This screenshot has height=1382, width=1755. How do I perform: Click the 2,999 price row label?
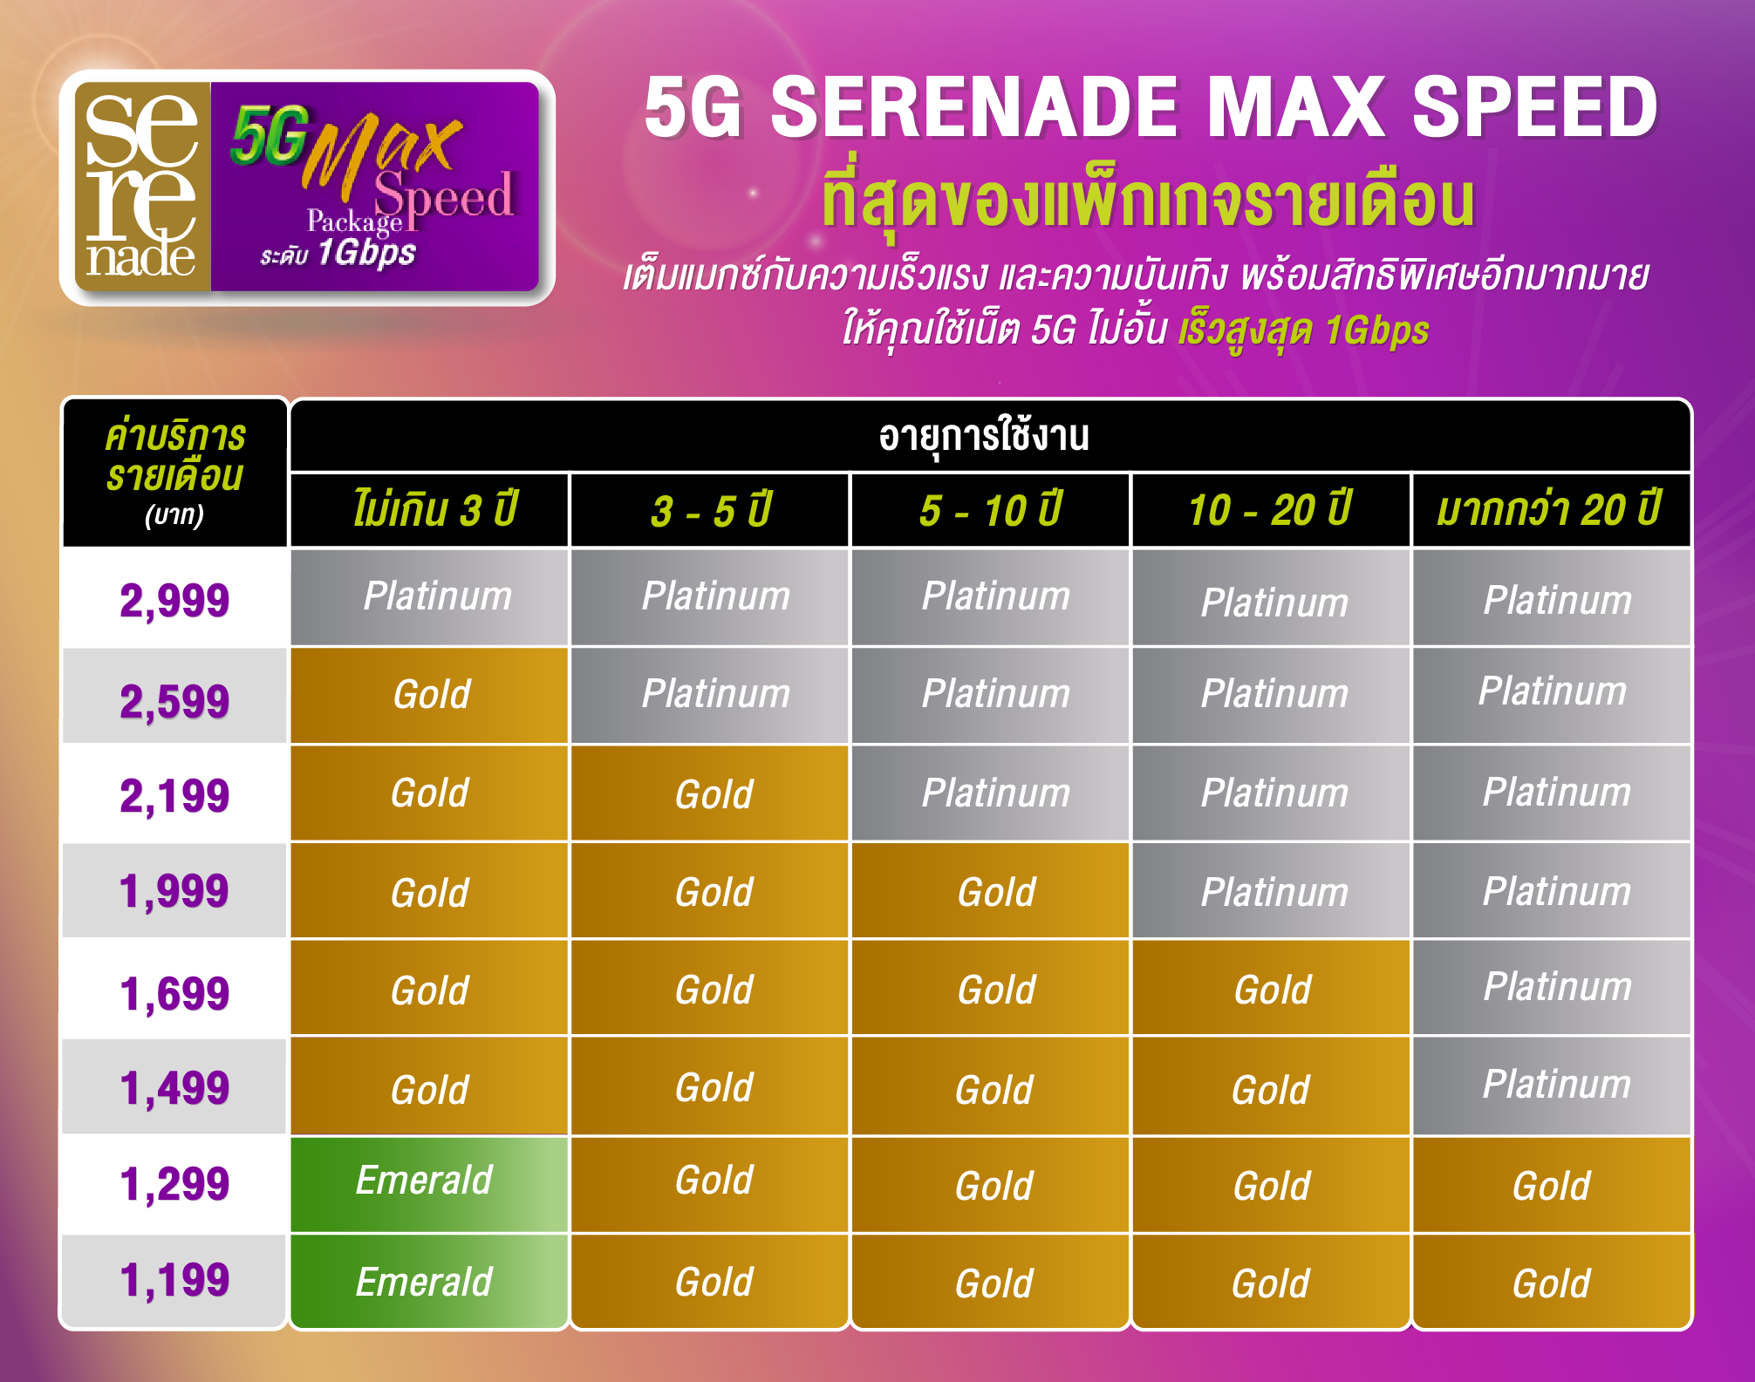(x=174, y=600)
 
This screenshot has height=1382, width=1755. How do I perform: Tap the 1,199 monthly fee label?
(x=174, y=1280)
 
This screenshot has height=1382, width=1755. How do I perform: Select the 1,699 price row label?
(x=174, y=993)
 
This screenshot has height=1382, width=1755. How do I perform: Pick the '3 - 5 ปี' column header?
(x=711, y=510)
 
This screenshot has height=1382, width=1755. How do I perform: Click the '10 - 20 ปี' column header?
(x=1270, y=510)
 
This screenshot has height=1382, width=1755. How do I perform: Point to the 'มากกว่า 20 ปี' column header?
(x=1549, y=510)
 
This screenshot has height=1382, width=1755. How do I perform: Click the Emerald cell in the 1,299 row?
(x=429, y=1183)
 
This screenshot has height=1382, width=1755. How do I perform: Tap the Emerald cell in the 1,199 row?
(x=429, y=1282)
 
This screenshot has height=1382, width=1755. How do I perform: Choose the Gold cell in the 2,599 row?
(x=429, y=695)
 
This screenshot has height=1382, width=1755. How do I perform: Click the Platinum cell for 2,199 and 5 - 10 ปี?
(x=990, y=793)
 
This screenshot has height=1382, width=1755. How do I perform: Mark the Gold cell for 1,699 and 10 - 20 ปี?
(x=1271, y=988)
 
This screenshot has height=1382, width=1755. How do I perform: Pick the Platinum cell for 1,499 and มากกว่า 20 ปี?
(x=1552, y=1086)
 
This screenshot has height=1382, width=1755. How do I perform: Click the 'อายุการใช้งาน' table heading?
(x=984, y=436)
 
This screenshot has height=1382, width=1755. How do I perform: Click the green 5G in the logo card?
(x=270, y=135)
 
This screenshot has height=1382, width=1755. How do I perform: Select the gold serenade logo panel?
(x=143, y=187)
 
